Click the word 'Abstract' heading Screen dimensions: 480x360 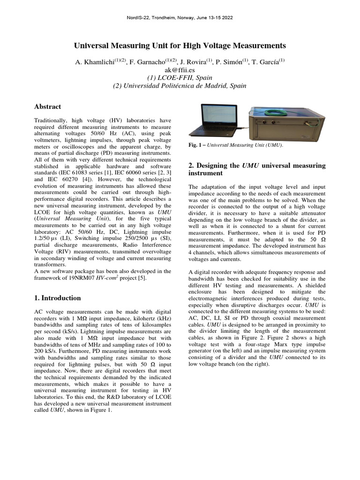coord(47,107)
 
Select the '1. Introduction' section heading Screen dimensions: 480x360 coord(58,298)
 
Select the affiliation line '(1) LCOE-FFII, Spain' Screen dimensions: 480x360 coord(180,78)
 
